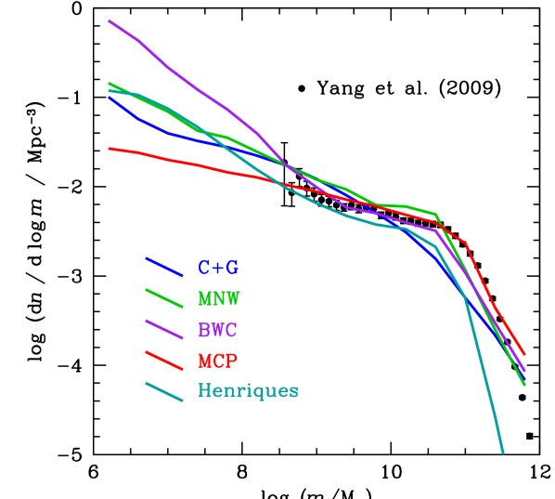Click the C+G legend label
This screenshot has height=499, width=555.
click(x=218, y=269)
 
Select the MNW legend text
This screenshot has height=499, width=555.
click(x=218, y=299)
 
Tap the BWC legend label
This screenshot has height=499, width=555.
click(x=218, y=330)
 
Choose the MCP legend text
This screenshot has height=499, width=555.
click(x=218, y=361)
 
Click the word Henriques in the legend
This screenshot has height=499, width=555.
click(x=248, y=391)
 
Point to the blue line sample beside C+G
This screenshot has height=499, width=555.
click(x=164, y=267)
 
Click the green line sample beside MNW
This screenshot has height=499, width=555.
click(x=164, y=297)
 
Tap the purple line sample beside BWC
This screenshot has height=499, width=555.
click(x=164, y=328)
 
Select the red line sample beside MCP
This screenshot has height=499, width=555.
click(x=164, y=360)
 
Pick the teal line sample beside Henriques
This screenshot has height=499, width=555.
click(x=164, y=391)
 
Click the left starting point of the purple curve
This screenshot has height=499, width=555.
click(x=109, y=20)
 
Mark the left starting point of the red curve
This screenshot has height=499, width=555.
click(x=109, y=148)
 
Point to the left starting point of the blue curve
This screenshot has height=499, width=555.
click(x=109, y=97)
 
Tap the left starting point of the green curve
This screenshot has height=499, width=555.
click(x=109, y=83)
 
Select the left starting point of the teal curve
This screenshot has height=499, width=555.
click(x=109, y=90)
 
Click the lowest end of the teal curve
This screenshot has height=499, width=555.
click(x=503, y=453)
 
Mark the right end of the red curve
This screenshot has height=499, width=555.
click(x=525, y=355)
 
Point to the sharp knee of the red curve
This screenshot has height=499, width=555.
click(x=464, y=243)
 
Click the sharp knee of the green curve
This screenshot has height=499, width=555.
click(x=436, y=214)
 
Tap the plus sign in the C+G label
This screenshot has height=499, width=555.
click(x=218, y=269)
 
